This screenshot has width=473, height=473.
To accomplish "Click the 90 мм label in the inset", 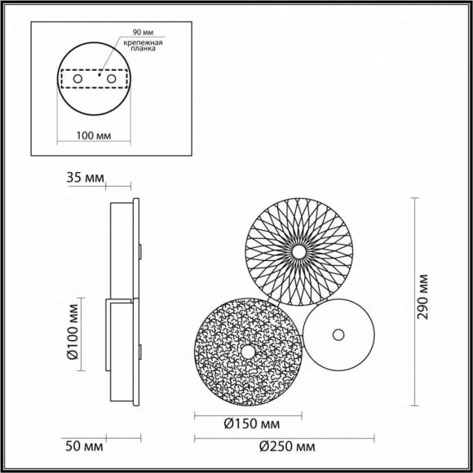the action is (143, 33).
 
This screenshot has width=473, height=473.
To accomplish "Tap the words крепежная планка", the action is (143, 45).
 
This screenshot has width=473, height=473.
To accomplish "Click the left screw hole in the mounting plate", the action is (77, 79).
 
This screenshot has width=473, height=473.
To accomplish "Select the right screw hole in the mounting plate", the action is (111, 79).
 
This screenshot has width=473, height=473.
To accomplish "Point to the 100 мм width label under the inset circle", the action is (94, 135).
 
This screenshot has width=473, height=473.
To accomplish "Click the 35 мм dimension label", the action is (85, 178).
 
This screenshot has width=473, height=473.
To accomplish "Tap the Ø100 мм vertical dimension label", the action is (73, 332).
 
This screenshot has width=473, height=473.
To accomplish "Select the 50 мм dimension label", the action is (84, 446).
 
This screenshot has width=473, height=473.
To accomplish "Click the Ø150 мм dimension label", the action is (252, 424).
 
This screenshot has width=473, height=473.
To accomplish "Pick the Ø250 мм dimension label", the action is (287, 447).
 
